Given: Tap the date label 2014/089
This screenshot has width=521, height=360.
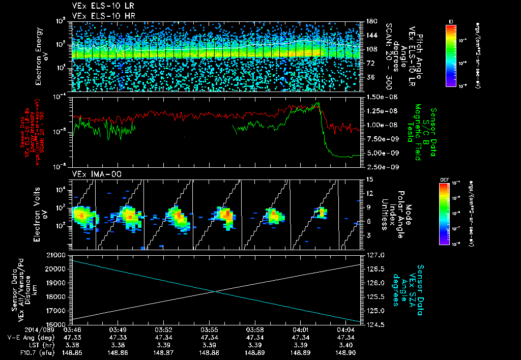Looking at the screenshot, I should (18, 331).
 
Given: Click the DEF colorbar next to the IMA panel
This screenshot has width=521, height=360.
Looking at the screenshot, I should (444, 214).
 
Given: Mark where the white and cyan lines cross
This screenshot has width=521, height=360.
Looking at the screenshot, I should (217, 291).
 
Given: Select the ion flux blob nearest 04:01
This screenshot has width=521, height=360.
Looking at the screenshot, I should (322, 212).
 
